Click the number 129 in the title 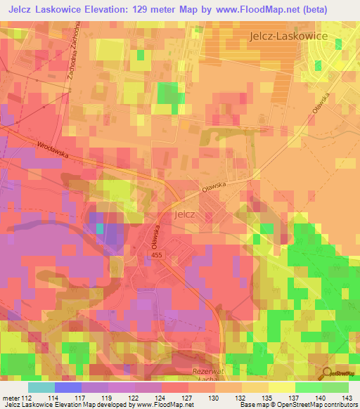[146, 9]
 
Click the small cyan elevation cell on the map [100, 228]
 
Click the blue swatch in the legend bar [67, 387]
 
